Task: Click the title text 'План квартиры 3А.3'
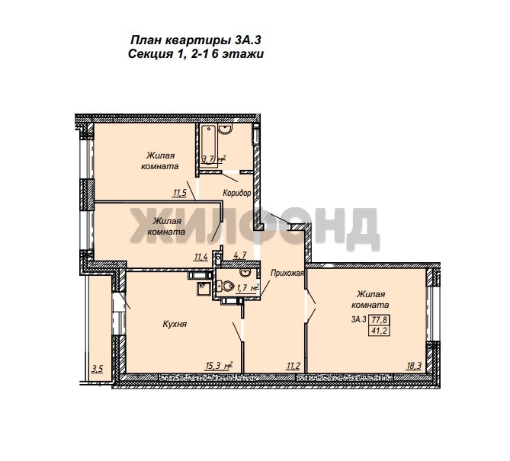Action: click(196, 40)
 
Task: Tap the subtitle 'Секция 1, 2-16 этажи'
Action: click(196, 54)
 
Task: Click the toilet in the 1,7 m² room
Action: click(226, 286)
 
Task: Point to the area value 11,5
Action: click(180, 193)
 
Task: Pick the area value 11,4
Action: click(201, 257)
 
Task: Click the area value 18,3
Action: click(414, 366)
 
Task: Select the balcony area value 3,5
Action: click(98, 369)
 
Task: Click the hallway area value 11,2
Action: click(293, 366)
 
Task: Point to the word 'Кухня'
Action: click(175, 324)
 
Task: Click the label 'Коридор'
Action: click(237, 193)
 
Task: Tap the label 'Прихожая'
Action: click(287, 273)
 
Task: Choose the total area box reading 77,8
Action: click(380, 320)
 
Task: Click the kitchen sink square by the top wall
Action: click(204, 289)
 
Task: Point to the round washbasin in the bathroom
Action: click(225, 129)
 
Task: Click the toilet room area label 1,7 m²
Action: click(248, 287)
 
